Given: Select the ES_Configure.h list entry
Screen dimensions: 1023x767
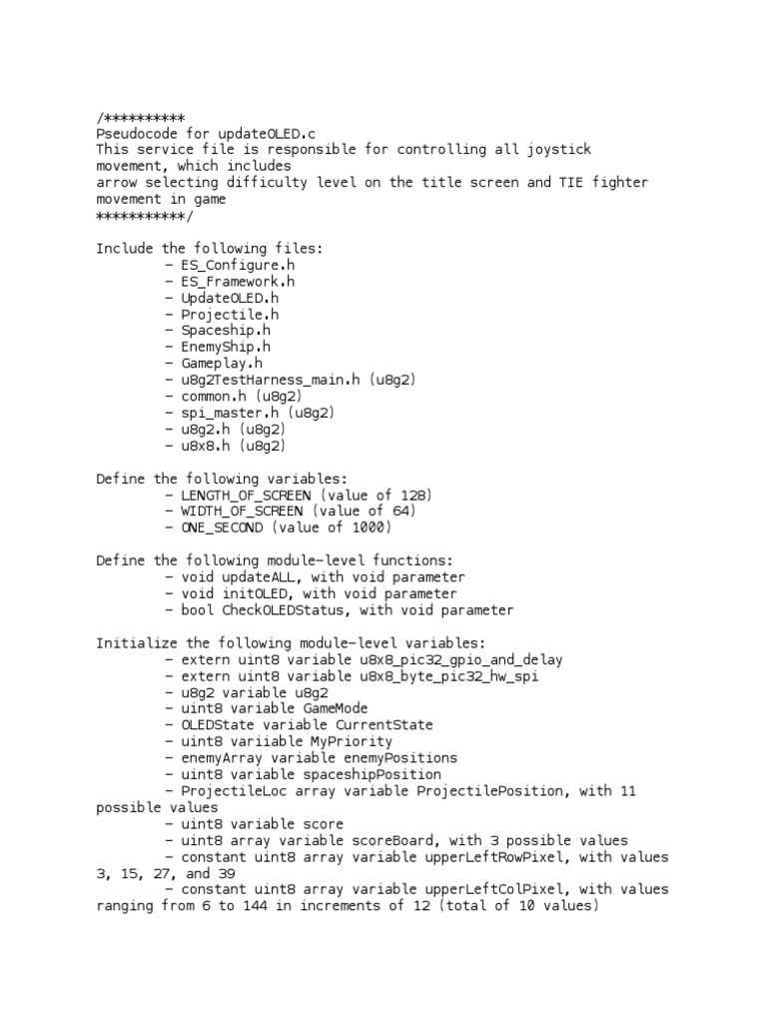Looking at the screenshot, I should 238,265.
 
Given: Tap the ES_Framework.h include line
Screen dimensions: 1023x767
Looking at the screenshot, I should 238,282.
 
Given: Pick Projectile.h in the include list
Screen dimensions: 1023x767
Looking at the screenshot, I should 230,314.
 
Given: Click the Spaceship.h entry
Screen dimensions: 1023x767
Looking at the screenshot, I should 226,331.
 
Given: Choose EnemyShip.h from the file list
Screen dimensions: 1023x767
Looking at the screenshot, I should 226,347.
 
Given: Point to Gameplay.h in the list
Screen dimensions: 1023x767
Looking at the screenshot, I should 222,364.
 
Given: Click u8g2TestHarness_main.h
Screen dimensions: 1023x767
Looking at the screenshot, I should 271,380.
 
